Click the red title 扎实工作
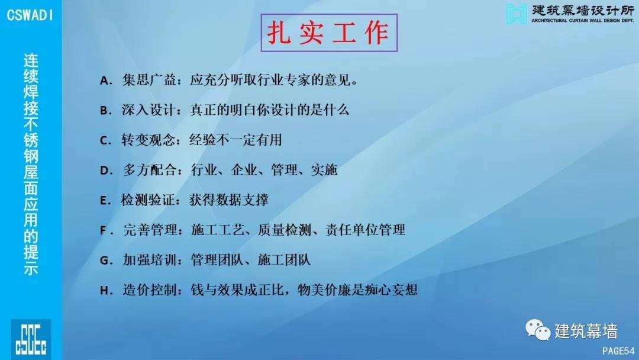point(328,33)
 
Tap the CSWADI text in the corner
point(30,15)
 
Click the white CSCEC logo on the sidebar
point(31,339)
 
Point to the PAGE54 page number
point(618,351)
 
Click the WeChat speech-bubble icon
point(537,330)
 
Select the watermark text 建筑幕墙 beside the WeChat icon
point(586,331)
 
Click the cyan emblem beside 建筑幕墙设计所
point(517,14)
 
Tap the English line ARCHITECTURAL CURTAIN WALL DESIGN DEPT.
point(582,20)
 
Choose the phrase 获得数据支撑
point(228,200)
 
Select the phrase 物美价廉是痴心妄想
point(357,290)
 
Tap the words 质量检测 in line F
point(284,230)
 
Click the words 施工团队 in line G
point(284,260)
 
